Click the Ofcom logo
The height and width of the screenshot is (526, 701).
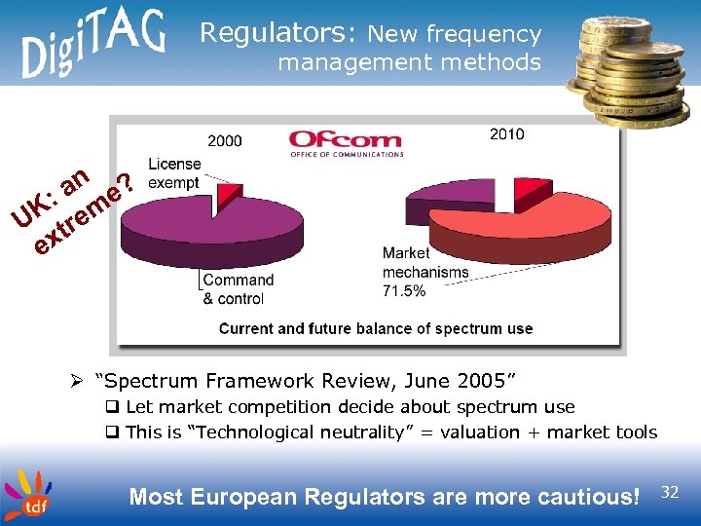(346, 144)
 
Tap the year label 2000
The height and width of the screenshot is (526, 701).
(224, 141)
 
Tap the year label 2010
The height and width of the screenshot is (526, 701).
(506, 133)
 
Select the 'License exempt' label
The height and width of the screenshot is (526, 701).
(174, 173)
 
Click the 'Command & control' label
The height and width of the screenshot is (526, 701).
(239, 289)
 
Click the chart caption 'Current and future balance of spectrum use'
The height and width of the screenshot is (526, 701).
(376, 328)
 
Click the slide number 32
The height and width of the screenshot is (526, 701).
(670, 493)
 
